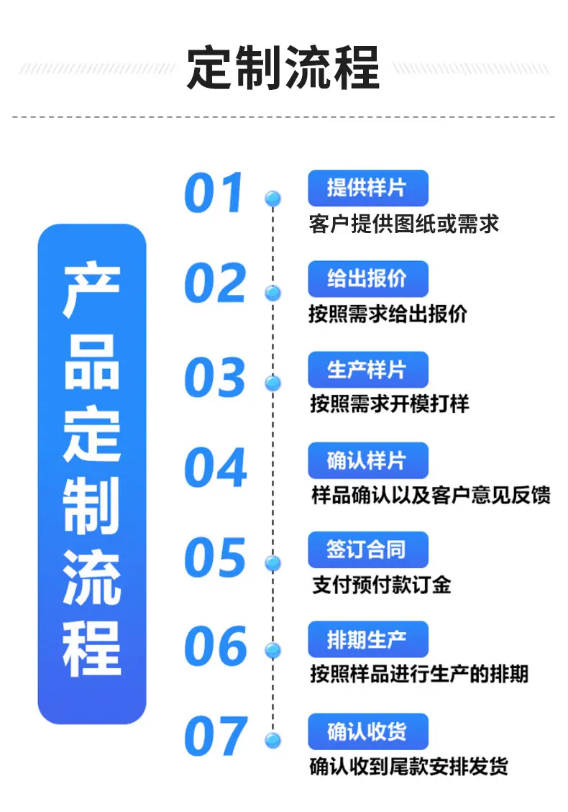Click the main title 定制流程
[x=283, y=68]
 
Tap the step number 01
[x=214, y=192]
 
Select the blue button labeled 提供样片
[x=368, y=188]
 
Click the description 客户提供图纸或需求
[x=404, y=224]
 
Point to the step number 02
[x=215, y=282]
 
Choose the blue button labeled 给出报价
[x=368, y=278]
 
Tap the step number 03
[x=215, y=377]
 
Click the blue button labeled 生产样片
[x=368, y=370]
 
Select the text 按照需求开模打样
[x=390, y=404]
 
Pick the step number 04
[x=216, y=467]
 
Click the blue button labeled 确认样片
[x=368, y=460]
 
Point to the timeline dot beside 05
[x=273, y=563]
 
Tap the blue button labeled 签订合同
[x=368, y=549]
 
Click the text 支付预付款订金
[x=382, y=585]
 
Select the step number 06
[x=216, y=646]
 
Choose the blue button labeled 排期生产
[x=368, y=639]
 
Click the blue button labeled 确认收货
[x=368, y=731]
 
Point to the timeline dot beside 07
[x=273, y=740]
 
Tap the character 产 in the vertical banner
[x=91, y=291]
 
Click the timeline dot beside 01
[x=273, y=199]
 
